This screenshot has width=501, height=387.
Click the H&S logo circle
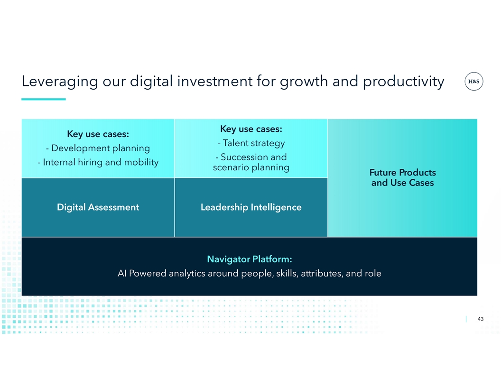click(x=474, y=82)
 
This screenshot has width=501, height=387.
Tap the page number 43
click(x=480, y=319)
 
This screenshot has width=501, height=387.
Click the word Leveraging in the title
click(x=60, y=82)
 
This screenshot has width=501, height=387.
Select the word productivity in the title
click(x=403, y=82)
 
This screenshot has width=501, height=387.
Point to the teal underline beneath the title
click(x=44, y=99)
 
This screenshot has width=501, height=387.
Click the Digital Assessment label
click(x=98, y=207)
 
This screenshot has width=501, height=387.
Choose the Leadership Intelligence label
click(x=251, y=207)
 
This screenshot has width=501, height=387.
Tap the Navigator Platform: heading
click(x=250, y=259)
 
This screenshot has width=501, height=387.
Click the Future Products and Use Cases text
click(x=403, y=177)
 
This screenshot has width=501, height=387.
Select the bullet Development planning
click(x=98, y=148)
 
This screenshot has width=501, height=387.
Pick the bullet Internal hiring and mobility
click(x=98, y=162)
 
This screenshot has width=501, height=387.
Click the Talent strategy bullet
click(x=251, y=143)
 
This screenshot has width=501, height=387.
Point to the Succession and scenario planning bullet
click(x=251, y=162)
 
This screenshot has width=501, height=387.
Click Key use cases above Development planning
click(x=98, y=134)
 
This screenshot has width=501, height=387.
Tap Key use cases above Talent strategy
click(x=251, y=129)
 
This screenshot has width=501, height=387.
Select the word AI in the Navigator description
click(x=122, y=273)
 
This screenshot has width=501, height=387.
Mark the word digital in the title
click(x=151, y=82)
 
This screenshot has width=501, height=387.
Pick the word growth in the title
click(x=304, y=82)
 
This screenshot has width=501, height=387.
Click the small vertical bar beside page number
click(x=466, y=319)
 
